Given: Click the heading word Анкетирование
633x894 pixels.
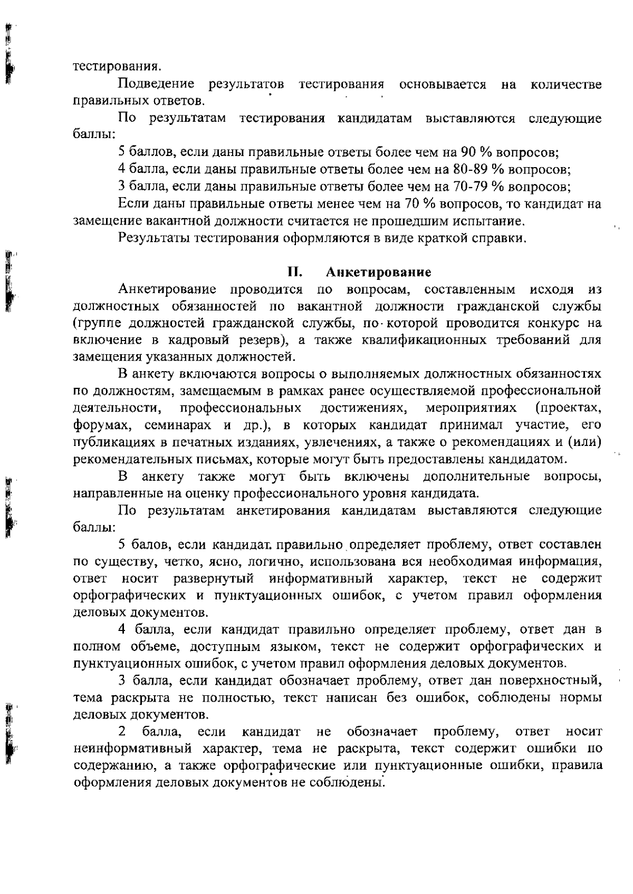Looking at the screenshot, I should [378, 273].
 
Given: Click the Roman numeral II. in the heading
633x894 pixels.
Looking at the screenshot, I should [294, 273].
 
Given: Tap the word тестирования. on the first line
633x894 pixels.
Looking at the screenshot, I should [117, 67].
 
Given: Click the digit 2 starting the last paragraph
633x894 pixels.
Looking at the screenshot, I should [122, 732].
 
